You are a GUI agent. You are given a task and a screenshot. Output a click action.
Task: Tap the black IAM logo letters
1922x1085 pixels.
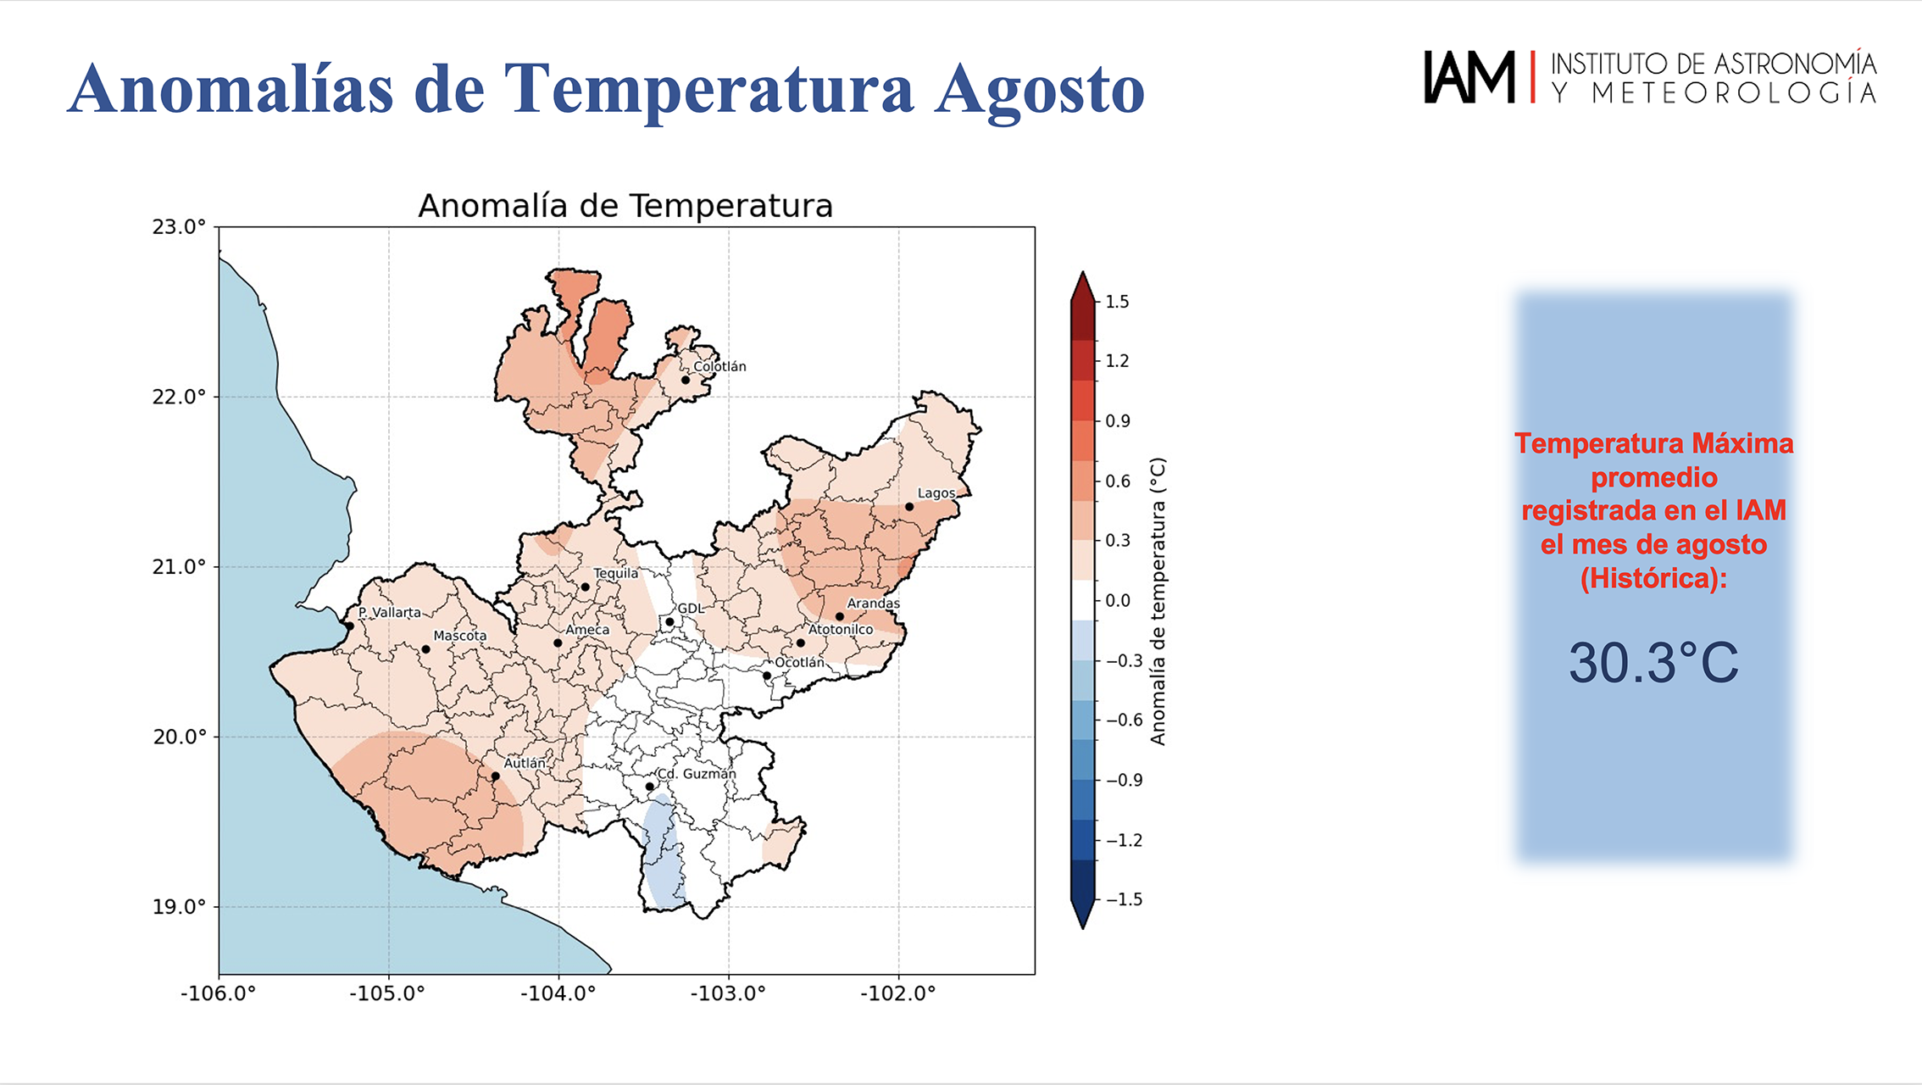click(1469, 77)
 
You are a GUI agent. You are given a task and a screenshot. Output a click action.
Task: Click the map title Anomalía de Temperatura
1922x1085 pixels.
click(625, 206)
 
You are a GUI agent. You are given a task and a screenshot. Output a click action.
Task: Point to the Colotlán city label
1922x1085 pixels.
click(719, 366)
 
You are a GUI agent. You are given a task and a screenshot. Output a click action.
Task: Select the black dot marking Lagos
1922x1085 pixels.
click(909, 507)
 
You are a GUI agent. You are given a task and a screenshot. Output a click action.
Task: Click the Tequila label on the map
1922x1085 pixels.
click(616, 573)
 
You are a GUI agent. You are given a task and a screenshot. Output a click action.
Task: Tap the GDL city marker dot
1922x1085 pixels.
click(669, 622)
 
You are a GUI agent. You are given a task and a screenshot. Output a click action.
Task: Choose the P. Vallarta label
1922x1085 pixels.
click(389, 612)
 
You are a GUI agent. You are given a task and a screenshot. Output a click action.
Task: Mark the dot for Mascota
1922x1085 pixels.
click(425, 649)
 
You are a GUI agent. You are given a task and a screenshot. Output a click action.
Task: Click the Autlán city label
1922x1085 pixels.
click(525, 763)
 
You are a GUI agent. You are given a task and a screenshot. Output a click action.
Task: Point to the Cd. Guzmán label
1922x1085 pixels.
click(697, 774)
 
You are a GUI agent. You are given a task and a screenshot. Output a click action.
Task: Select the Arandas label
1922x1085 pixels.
click(874, 604)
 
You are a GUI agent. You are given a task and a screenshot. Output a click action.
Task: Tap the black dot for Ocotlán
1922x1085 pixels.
click(767, 676)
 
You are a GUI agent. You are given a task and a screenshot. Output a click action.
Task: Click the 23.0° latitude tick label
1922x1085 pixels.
click(179, 227)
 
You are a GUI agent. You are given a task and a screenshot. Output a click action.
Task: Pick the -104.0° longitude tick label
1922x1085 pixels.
click(558, 993)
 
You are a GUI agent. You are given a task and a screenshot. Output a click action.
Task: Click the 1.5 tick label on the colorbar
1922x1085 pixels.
click(1118, 302)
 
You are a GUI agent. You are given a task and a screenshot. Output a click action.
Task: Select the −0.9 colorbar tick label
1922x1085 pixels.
click(1124, 780)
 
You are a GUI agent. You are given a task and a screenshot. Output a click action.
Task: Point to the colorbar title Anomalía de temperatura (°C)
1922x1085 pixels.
click(1158, 601)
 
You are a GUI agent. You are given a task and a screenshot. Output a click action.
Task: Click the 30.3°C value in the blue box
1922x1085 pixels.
click(1653, 663)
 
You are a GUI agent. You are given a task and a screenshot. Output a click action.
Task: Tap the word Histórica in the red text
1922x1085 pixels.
click(1653, 578)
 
